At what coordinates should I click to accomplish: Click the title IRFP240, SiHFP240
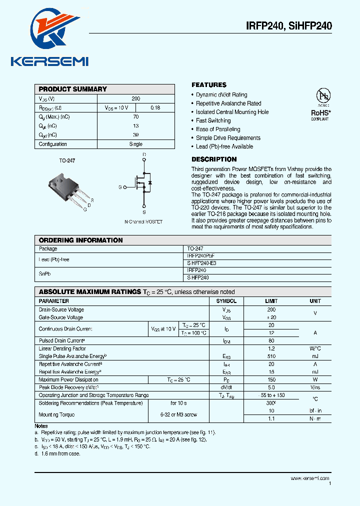click(288, 26)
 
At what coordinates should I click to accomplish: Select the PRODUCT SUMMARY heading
click(73, 89)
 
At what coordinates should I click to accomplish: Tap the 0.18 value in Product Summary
click(155, 107)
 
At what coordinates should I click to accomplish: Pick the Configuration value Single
click(135, 144)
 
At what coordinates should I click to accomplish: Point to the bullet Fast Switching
click(213, 120)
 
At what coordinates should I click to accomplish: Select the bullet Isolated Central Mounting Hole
click(232, 112)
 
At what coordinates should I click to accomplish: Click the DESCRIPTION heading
click(214, 159)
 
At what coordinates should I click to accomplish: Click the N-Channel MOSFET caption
click(143, 221)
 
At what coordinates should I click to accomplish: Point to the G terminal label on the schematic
click(120, 187)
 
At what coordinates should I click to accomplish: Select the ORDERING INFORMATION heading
click(80, 240)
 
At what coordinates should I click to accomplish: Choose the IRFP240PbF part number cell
click(201, 255)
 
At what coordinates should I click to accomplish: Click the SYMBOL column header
click(226, 301)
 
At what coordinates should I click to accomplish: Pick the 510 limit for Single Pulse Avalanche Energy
click(271, 356)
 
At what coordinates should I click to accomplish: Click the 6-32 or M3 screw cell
click(178, 414)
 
